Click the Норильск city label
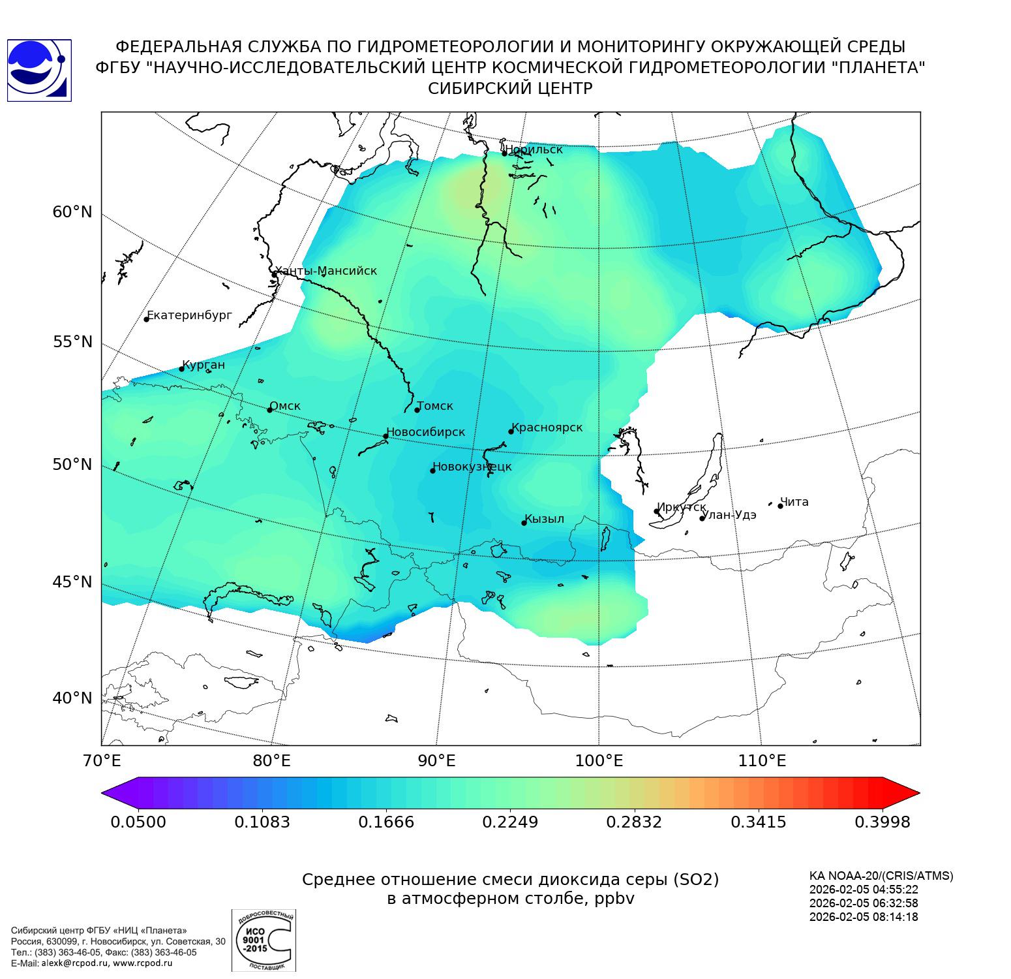pos(533,149)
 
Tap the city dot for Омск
pos(269,410)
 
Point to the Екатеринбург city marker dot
pos(147,319)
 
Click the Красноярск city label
pos(547,427)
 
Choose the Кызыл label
pos(544,519)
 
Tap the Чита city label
pos(794,502)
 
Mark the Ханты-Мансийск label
pos(325,271)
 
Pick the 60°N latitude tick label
pos(72,212)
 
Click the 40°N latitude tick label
pos(72,698)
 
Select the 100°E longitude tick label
pos(599,760)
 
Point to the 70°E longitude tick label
pos(101,760)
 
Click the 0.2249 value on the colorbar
pos(510,822)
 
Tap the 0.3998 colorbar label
pos(882,822)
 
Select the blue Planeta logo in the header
pos(38,70)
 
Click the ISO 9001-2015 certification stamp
pos(264,940)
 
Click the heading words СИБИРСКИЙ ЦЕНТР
pos(510,89)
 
